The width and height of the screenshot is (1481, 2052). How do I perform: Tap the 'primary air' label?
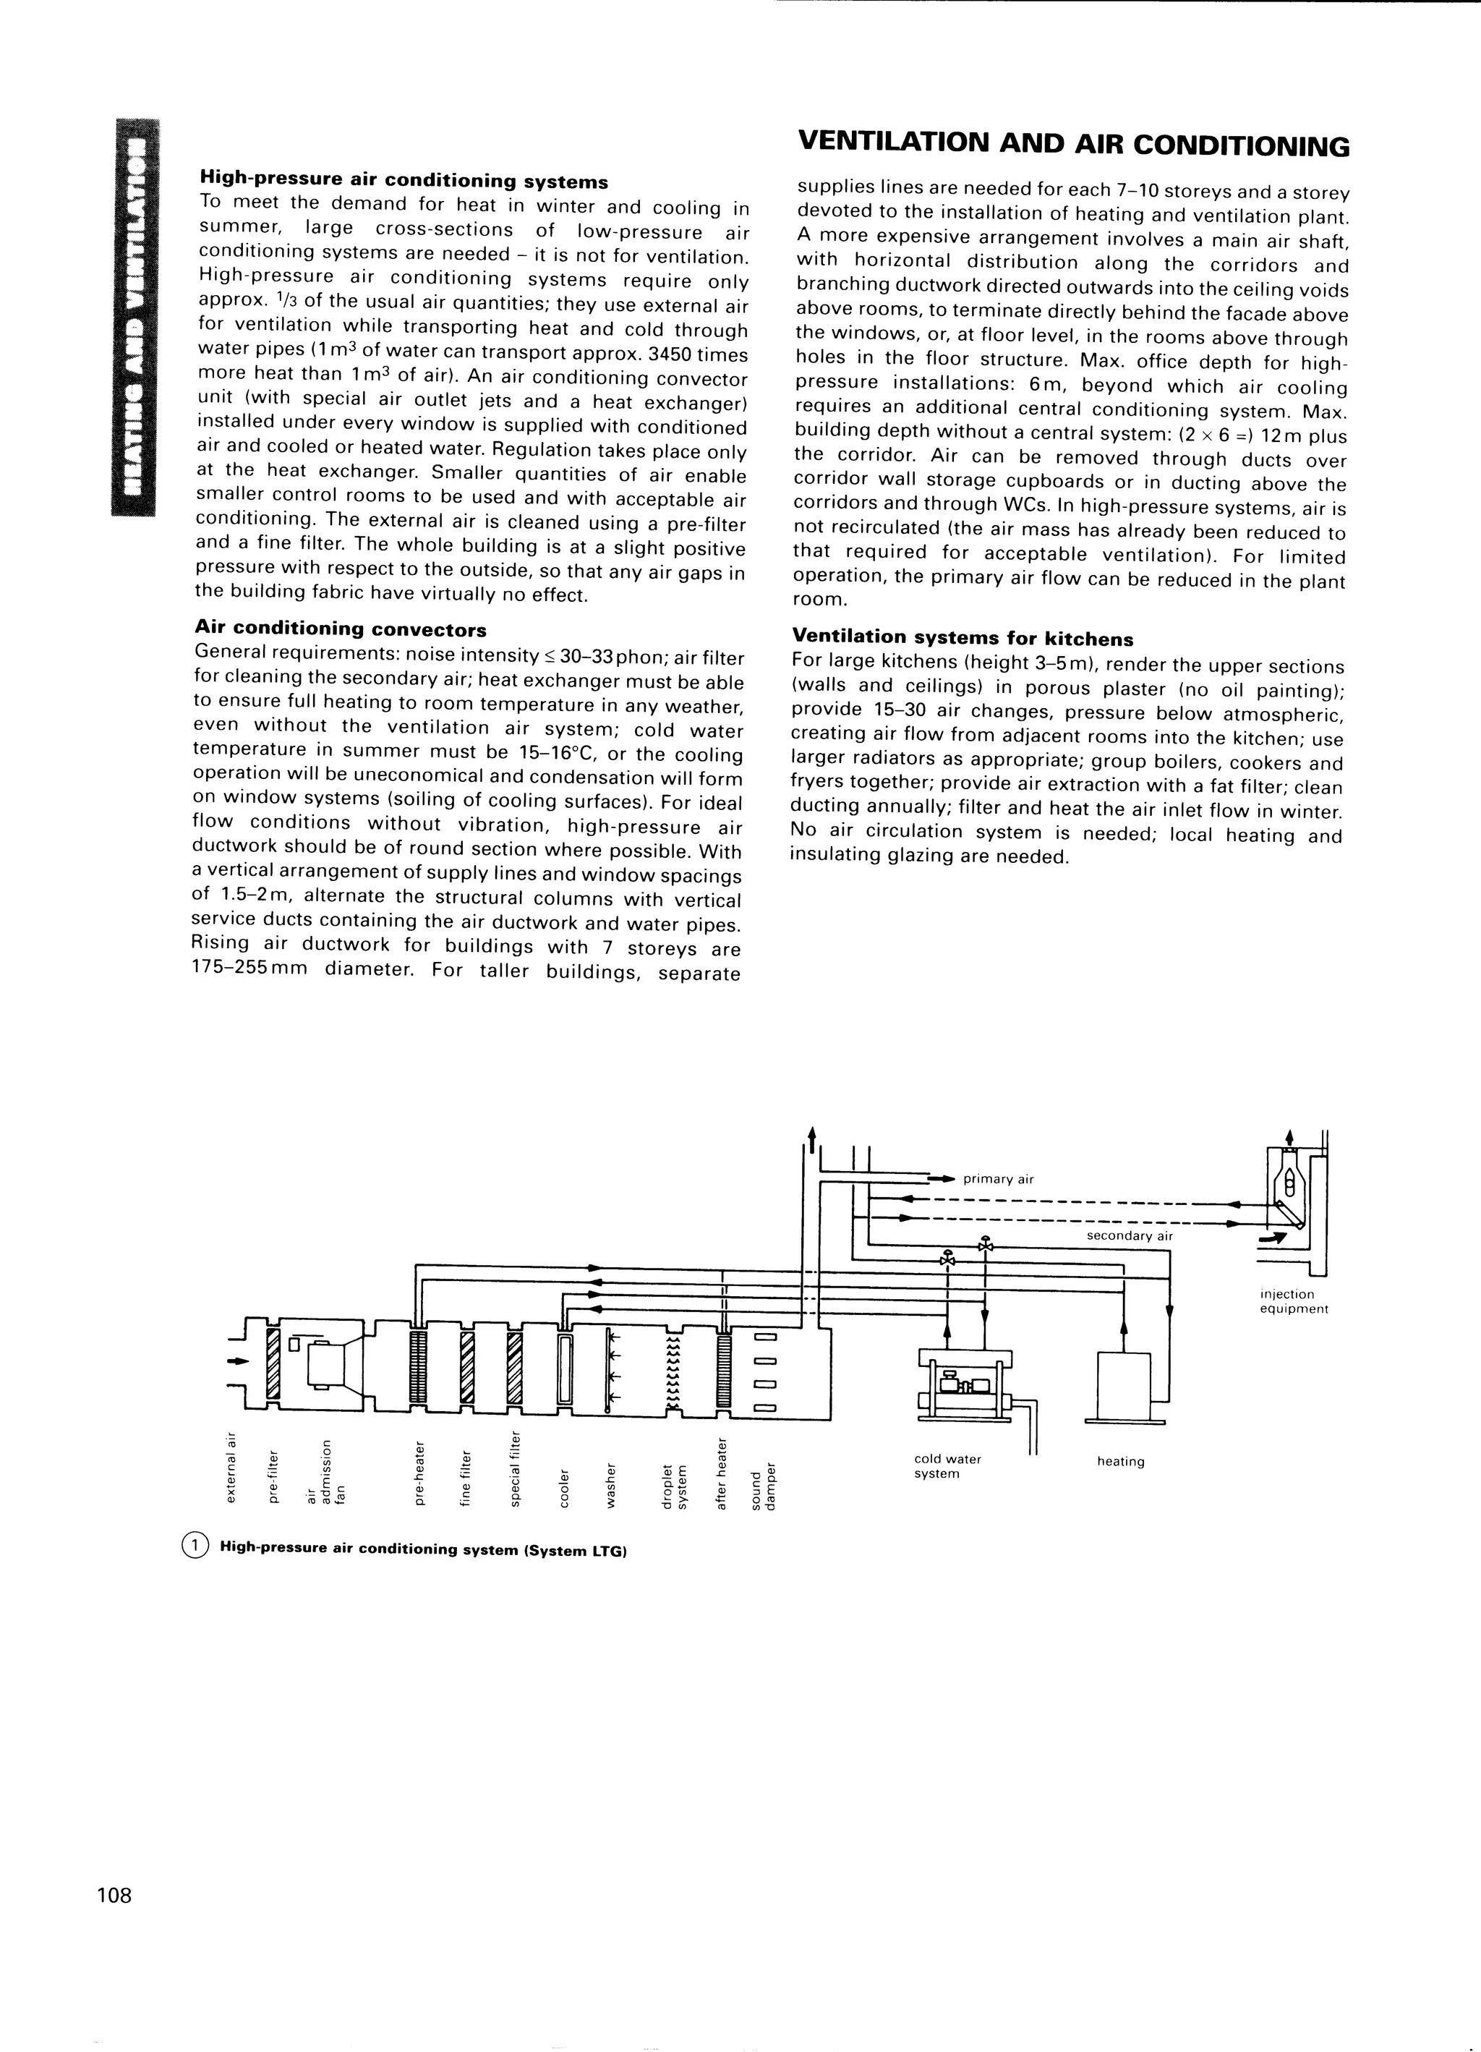tap(998, 1179)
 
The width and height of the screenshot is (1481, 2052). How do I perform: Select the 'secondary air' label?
tap(1129, 1236)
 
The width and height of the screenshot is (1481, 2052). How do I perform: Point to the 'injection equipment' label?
tap(1293, 1301)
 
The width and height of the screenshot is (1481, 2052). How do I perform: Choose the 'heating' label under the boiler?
tap(1120, 1461)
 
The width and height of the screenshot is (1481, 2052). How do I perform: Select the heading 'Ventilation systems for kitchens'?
tap(962, 638)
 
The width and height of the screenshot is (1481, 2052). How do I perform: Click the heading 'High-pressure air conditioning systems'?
tap(404, 181)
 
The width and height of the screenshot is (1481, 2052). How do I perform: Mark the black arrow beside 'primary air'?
tap(942, 1179)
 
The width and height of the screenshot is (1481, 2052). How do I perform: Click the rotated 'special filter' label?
tap(515, 1468)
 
